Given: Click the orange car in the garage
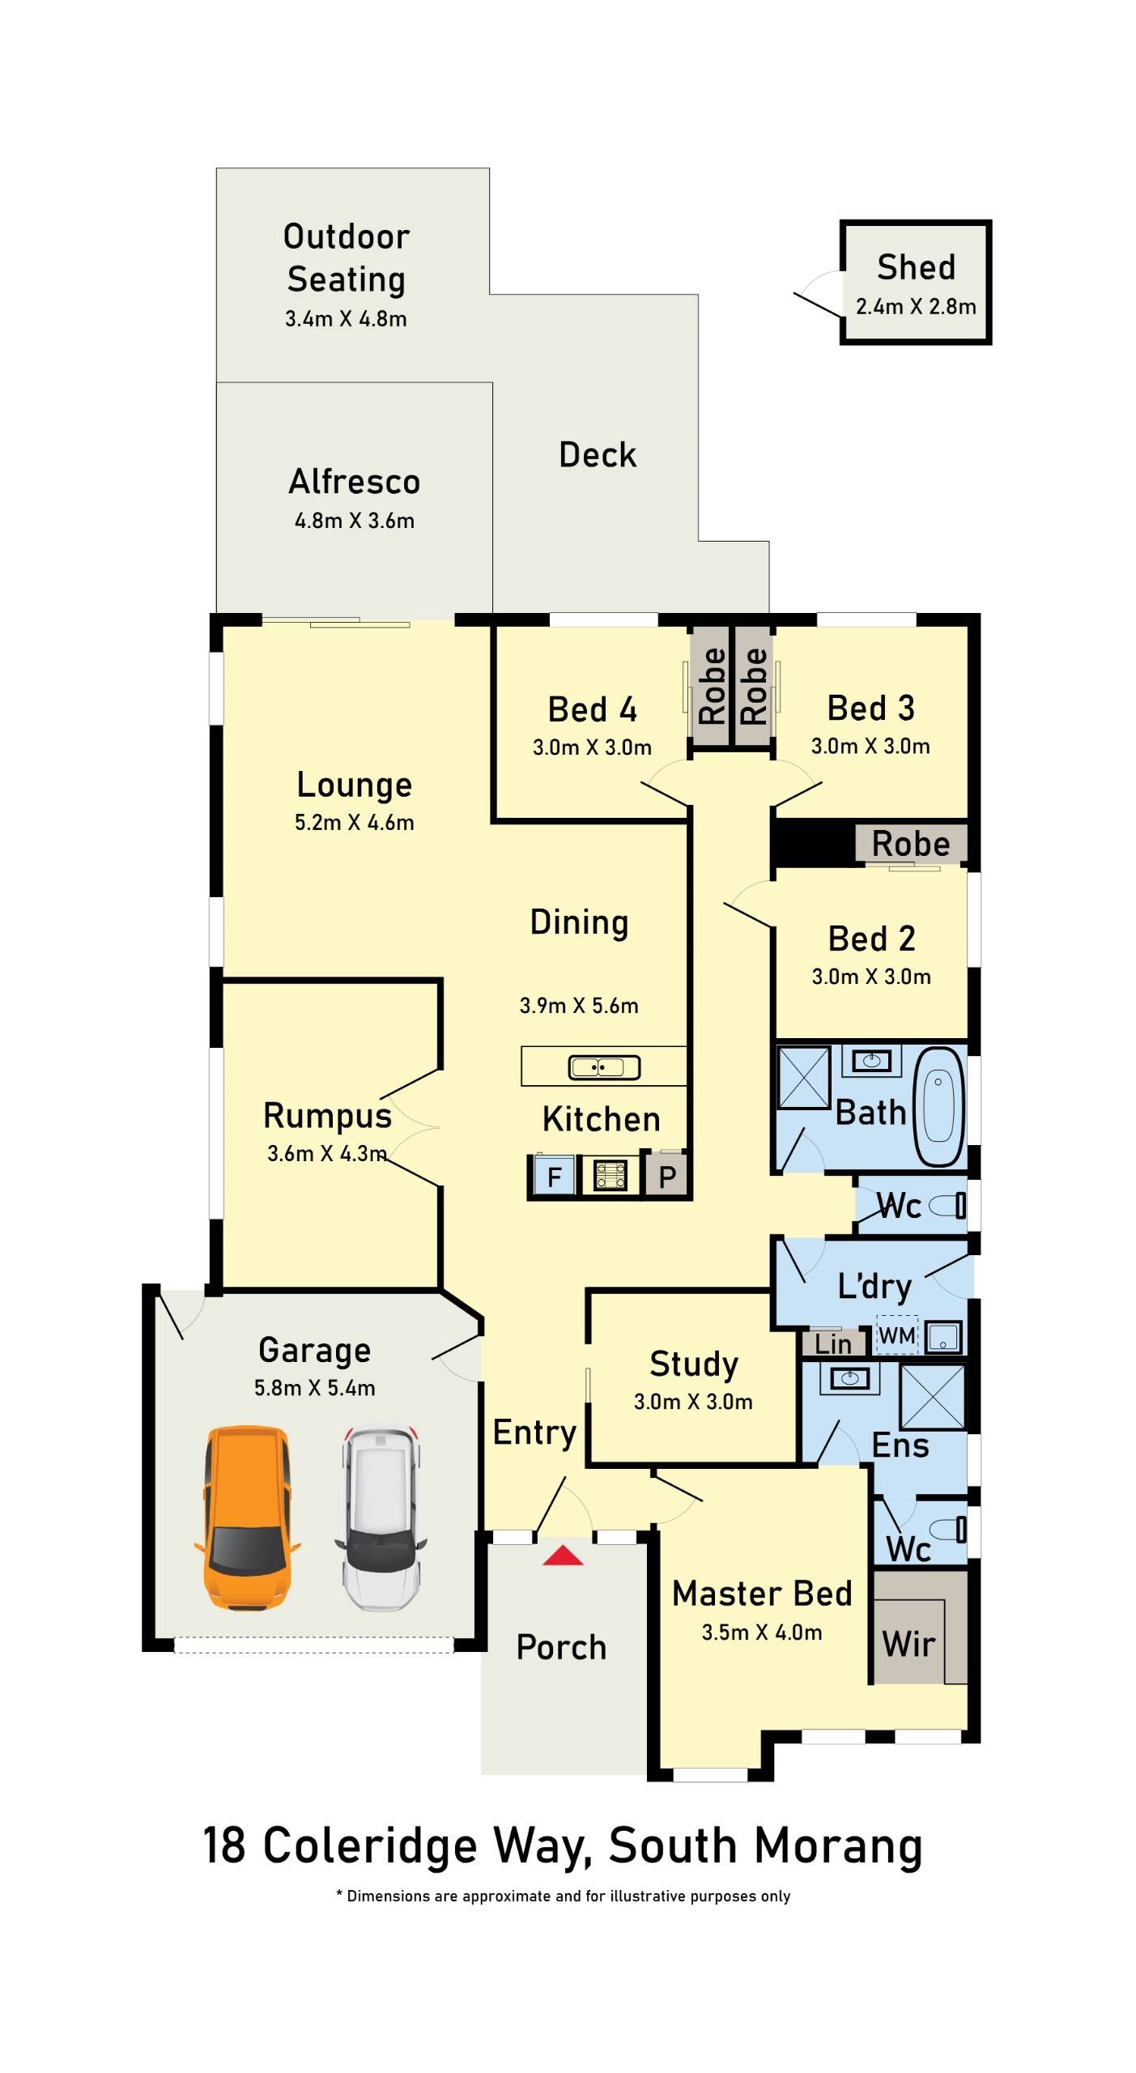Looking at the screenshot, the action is click(247, 1518).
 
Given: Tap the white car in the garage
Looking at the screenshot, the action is click(381, 1518).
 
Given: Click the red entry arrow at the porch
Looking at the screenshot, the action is click(563, 1555).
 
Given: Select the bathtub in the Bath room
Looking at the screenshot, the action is click(939, 1107).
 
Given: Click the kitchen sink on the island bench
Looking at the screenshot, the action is click(604, 1067).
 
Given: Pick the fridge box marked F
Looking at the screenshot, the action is click(554, 1176).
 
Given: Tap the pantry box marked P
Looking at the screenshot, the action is click(666, 1176).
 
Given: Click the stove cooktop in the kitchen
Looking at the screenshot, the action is click(611, 1175).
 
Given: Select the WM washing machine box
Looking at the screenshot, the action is click(897, 1335).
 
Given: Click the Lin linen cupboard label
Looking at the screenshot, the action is click(833, 1344).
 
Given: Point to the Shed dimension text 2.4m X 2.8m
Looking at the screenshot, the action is click(916, 307).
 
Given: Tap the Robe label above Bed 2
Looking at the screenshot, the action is click(911, 844).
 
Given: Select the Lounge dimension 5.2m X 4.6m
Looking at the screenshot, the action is click(354, 823).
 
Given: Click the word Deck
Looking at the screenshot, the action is click(598, 455).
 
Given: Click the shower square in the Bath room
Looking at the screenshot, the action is click(804, 1078).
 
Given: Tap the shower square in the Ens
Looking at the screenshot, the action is click(933, 1398).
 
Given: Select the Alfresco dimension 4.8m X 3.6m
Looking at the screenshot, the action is click(354, 521).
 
